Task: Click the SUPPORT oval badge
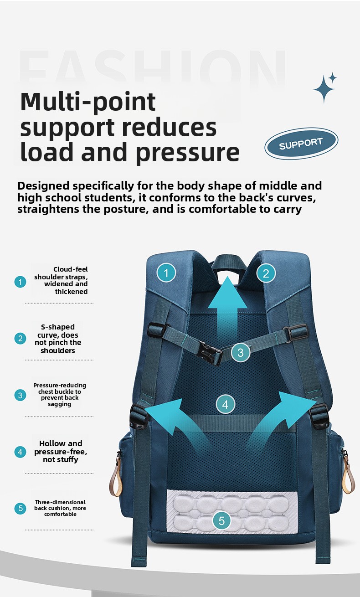coord(301,144)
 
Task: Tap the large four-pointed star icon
coord(324,89)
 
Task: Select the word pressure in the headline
coord(188,153)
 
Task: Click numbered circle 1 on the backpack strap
coord(166,273)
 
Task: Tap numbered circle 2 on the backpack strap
coord(266,273)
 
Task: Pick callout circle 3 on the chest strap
coord(240,352)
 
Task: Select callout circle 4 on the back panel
coord(226,404)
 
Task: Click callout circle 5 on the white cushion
coord(221,520)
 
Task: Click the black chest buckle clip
coord(210,353)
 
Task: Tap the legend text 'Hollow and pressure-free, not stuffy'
coord(61,451)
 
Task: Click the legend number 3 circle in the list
coord(20,395)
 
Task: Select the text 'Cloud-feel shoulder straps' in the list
coord(61,273)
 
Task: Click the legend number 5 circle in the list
coord(20,508)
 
